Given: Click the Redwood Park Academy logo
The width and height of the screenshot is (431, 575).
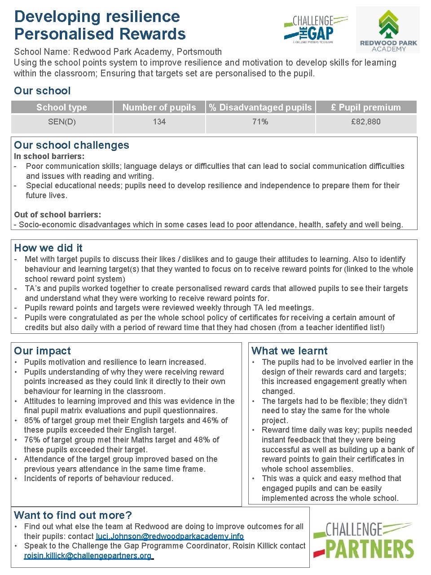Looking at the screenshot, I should (x=388, y=30).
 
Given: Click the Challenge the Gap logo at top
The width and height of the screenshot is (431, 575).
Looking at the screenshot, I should (x=315, y=29).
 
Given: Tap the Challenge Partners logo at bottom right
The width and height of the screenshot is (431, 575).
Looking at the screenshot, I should (x=364, y=540).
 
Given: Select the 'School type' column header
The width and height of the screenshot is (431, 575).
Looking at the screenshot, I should (x=62, y=107).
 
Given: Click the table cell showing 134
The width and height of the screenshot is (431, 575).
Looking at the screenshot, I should (x=159, y=122).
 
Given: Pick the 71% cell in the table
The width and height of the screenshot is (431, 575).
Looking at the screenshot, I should (x=260, y=122).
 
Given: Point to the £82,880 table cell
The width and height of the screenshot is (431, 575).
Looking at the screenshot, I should (x=365, y=122).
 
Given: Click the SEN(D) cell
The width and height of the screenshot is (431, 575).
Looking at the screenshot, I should (x=62, y=122).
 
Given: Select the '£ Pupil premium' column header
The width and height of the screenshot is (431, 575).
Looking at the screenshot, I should (x=365, y=107).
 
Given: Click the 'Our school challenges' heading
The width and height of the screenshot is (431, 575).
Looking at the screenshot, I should (x=71, y=145).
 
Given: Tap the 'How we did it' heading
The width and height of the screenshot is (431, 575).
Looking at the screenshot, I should (x=48, y=248).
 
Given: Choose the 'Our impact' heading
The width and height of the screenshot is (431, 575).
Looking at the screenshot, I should (x=42, y=351).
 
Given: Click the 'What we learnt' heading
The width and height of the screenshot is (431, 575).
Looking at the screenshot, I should (x=290, y=351).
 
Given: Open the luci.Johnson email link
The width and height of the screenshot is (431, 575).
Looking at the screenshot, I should (x=170, y=536).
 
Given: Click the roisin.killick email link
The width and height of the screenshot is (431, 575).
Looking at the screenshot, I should (x=88, y=556).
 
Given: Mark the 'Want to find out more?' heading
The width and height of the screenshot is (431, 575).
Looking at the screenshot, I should (x=73, y=515).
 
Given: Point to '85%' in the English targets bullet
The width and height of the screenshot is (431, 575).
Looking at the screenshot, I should (x=32, y=420).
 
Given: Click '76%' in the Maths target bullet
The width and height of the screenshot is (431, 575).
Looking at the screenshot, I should (x=32, y=440).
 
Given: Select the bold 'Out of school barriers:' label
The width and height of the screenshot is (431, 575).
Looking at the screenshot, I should (x=57, y=215).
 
